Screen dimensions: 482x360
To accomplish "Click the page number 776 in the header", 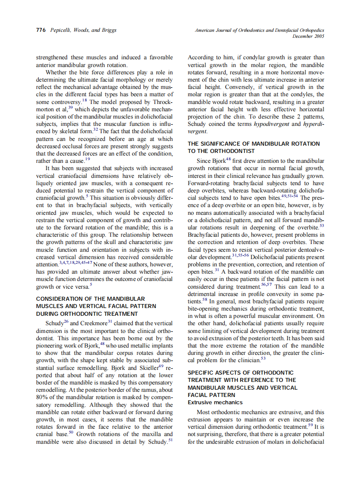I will tap(41, 30).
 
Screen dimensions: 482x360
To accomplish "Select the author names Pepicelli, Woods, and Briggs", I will tap(82, 30).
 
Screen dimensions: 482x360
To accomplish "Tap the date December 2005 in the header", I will tap(308, 37).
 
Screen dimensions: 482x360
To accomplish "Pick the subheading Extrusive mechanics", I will tap(215, 403).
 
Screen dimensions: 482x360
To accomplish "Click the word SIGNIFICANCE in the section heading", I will tap(223, 143).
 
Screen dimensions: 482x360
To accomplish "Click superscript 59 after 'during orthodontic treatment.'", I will tap(310, 424).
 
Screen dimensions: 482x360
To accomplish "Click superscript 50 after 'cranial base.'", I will tap(72, 432).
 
